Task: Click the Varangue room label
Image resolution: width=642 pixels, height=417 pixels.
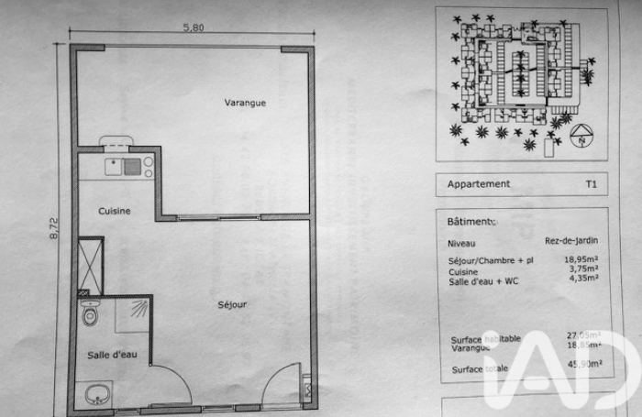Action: click(x=245, y=103)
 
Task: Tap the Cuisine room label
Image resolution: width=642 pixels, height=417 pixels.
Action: click(x=115, y=211)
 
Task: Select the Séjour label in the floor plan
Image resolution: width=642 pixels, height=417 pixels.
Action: click(x=232, y=304)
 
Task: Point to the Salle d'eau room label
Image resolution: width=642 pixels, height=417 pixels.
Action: click(x=113, y=355)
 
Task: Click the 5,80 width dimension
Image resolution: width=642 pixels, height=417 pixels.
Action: click(x=194, y=27)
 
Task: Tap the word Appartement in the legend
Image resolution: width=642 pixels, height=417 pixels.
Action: click(x=478, y=183)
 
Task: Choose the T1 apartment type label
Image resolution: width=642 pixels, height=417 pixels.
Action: click(x=592, y=183)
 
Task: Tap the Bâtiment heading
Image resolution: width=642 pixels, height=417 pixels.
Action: click(x=470, y=222)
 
